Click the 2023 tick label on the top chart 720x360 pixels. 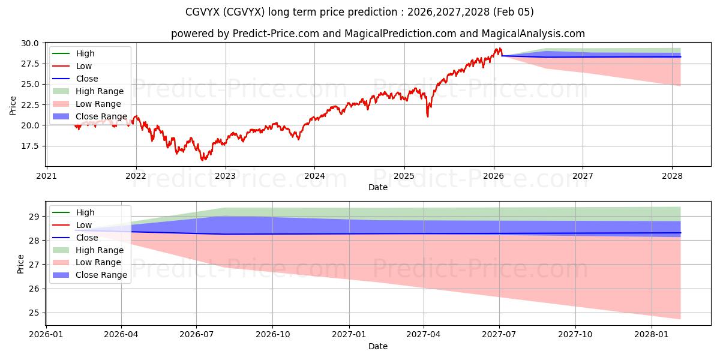pos(226,176)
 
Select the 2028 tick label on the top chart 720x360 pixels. pos(672,176)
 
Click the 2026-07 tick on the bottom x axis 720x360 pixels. pos(197,335)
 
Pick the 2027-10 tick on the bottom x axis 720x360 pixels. pos(575,335)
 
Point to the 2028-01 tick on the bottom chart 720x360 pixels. pos(651,335)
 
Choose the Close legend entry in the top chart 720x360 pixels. pos(87,79)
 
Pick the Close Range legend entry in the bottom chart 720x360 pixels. pos(101,275)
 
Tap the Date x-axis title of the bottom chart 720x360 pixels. pos(378,346)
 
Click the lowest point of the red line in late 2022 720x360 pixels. pos(203,160)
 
